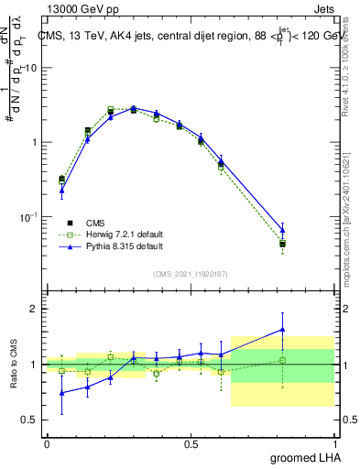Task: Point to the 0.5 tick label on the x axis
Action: pos(191,443)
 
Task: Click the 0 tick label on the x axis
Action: pos(47,443)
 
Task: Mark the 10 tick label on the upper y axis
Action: pos(30,69)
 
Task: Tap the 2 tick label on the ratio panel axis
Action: pos(35,309)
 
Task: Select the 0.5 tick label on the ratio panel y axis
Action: pos(30,420)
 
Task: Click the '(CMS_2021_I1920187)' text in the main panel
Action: pos(191,273)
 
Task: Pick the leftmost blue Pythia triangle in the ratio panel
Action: pos(61,392)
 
